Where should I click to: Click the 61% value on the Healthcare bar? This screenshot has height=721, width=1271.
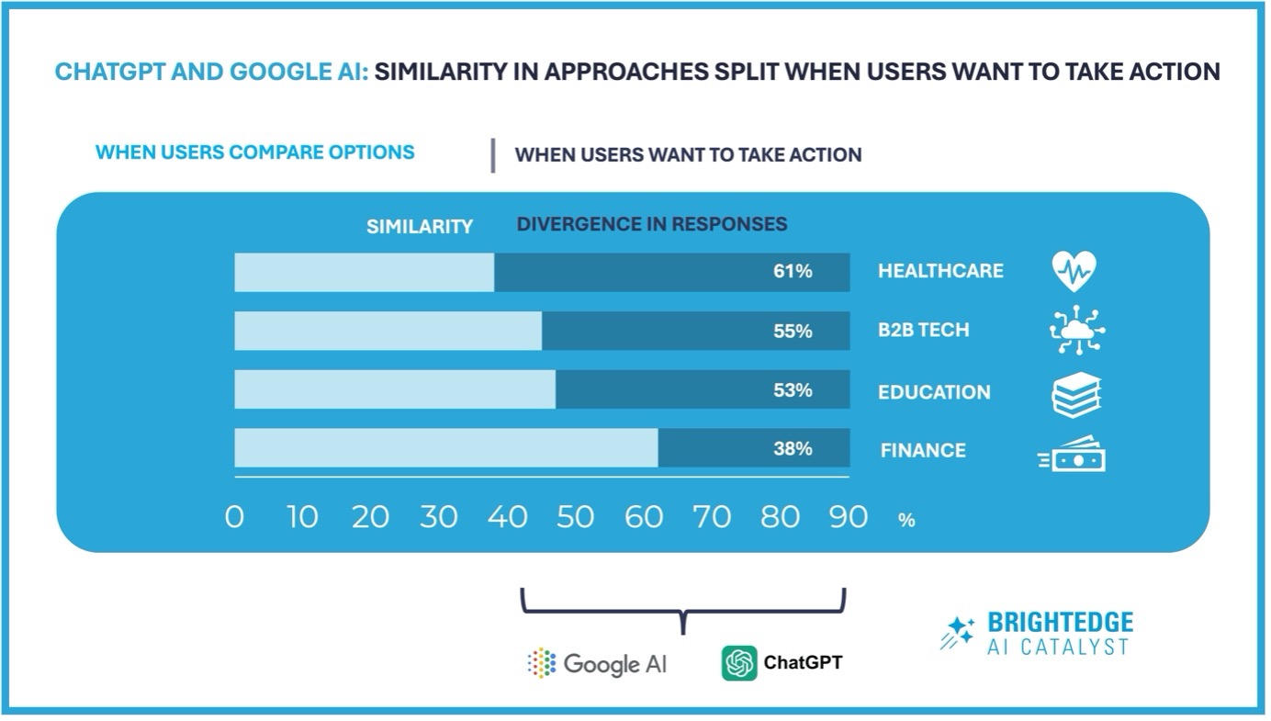(793, 272)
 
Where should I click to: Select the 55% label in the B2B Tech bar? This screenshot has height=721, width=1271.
(793, 332)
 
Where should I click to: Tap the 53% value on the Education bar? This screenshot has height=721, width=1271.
(793, 390)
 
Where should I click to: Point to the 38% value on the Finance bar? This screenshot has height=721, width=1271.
(793, 449)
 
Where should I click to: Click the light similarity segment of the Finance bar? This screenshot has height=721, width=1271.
(446, 448)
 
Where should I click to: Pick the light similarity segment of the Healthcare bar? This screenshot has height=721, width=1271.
(364, 272)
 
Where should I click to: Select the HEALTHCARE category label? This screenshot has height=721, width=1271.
(939, 272)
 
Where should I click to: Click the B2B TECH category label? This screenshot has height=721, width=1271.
(923, 331)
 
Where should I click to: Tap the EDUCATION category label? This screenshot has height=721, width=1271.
(933, 392)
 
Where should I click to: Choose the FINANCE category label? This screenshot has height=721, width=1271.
(923, 451)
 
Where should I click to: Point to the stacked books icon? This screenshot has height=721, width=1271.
(1076, 394)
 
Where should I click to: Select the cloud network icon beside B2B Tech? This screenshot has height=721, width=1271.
(1076, 331)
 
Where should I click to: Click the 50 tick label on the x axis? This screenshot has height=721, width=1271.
(575, 517)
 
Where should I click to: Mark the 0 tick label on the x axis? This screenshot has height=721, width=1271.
(234, 517)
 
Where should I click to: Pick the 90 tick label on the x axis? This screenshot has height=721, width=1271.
(848, 517)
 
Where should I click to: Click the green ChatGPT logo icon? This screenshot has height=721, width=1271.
(739, 662)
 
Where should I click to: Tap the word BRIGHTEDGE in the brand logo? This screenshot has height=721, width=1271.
(1060, 623)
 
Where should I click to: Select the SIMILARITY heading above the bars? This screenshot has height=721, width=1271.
(419, 226)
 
